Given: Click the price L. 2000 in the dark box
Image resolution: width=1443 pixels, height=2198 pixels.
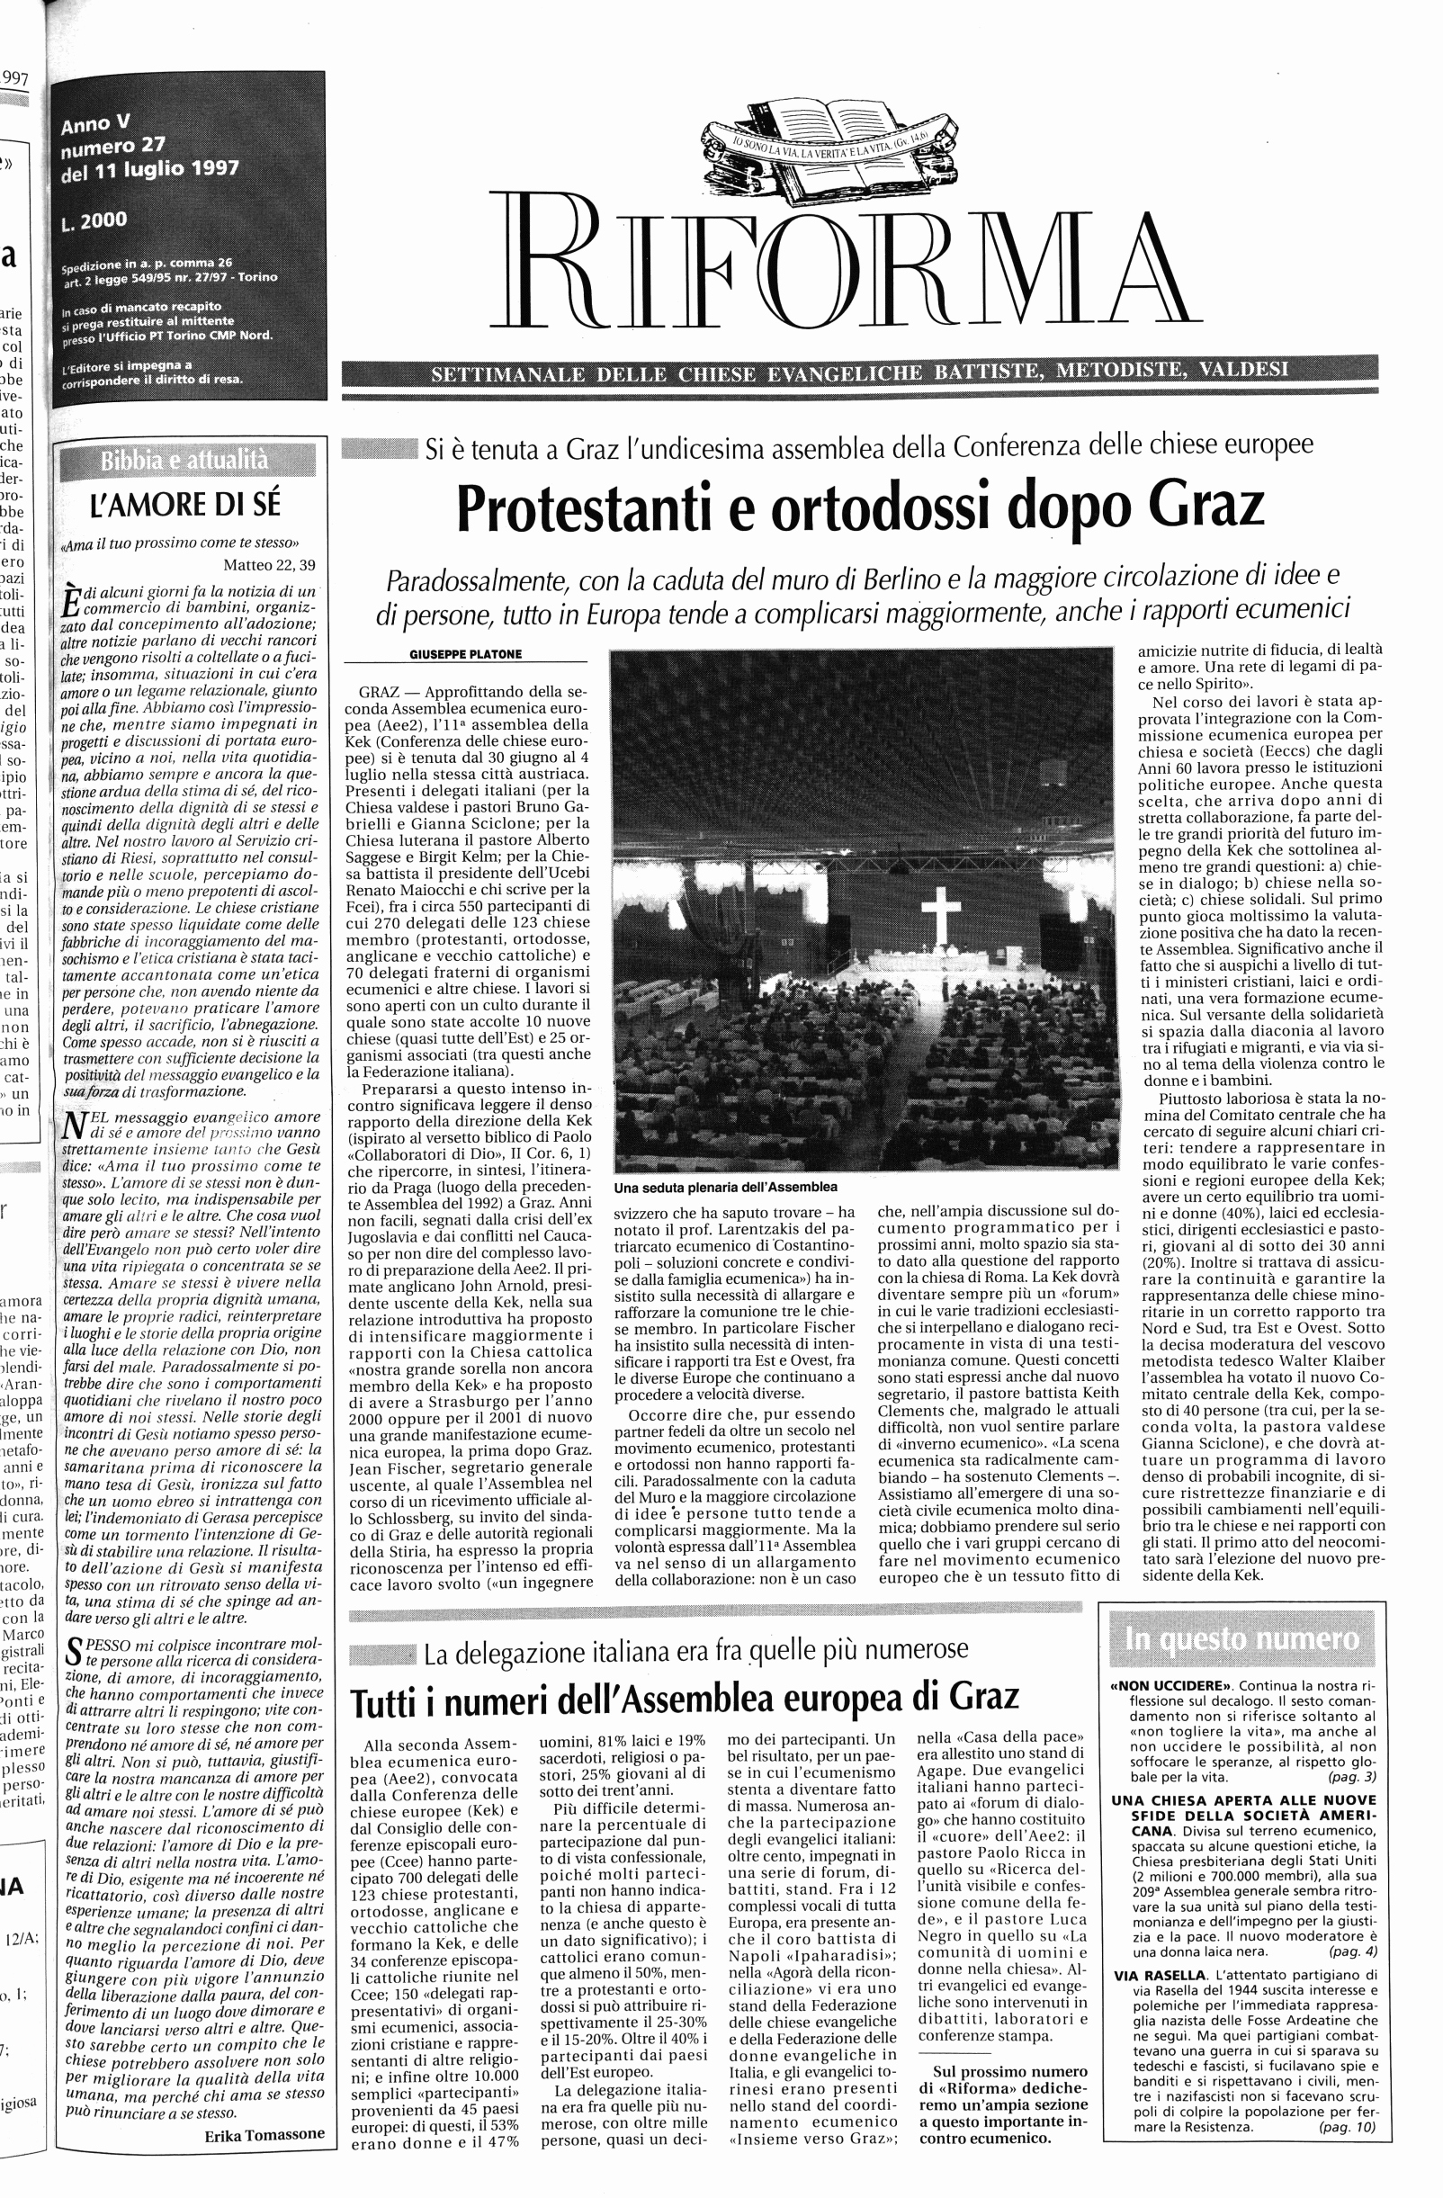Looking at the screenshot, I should (x=95, y=221).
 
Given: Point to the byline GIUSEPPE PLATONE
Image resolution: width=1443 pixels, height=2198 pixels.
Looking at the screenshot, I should (x=465, y=655).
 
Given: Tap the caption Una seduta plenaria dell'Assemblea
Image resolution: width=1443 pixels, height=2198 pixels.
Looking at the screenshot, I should (x=725, y=1187).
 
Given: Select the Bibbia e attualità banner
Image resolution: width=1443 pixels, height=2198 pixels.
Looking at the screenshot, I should (x=185, y=459).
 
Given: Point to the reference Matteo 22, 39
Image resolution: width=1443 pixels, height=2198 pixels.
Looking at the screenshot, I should (x=269, y=565).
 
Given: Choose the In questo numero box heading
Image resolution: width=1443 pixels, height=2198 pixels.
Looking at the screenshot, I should (x=1242, y=1639).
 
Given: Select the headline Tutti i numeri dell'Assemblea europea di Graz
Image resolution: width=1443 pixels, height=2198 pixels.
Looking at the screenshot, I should (x=684, y=1697).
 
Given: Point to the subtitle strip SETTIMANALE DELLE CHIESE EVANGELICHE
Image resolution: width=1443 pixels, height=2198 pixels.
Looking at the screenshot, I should (x=858, y=374).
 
